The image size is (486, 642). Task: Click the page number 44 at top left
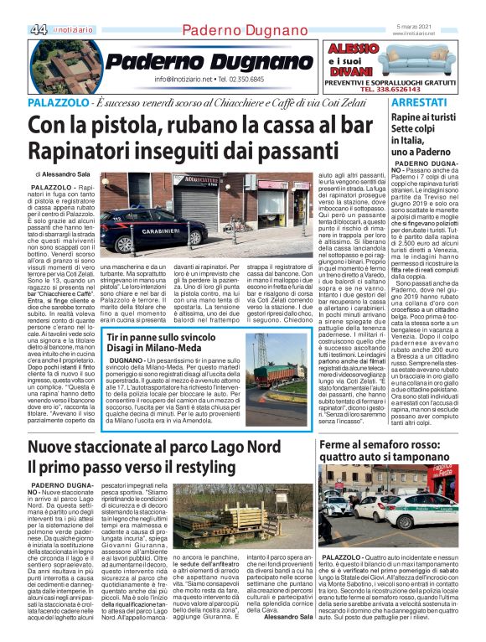[38, 29]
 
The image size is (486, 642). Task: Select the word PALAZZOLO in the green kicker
[57, 101]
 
